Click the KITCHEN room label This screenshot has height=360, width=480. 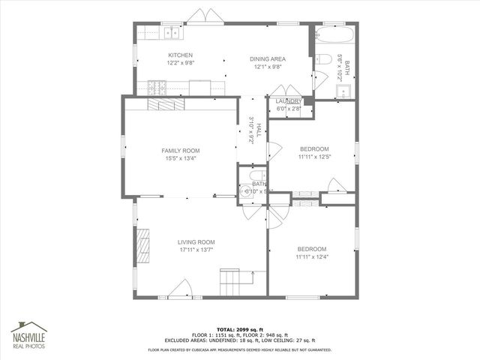(180, 55)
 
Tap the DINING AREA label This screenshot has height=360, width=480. (268, 59)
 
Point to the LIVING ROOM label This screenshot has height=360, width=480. (196, 241)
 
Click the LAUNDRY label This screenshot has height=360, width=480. (288, 101)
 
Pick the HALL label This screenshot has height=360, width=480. (256, 130)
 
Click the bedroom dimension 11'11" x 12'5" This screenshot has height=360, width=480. (314, 157)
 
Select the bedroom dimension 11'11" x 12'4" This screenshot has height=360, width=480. (311, 258)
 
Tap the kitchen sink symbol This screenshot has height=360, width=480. (172, 32)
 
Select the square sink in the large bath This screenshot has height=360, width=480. (343, 92)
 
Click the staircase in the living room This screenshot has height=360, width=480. (232, 283)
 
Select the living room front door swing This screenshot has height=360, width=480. (182, 289)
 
